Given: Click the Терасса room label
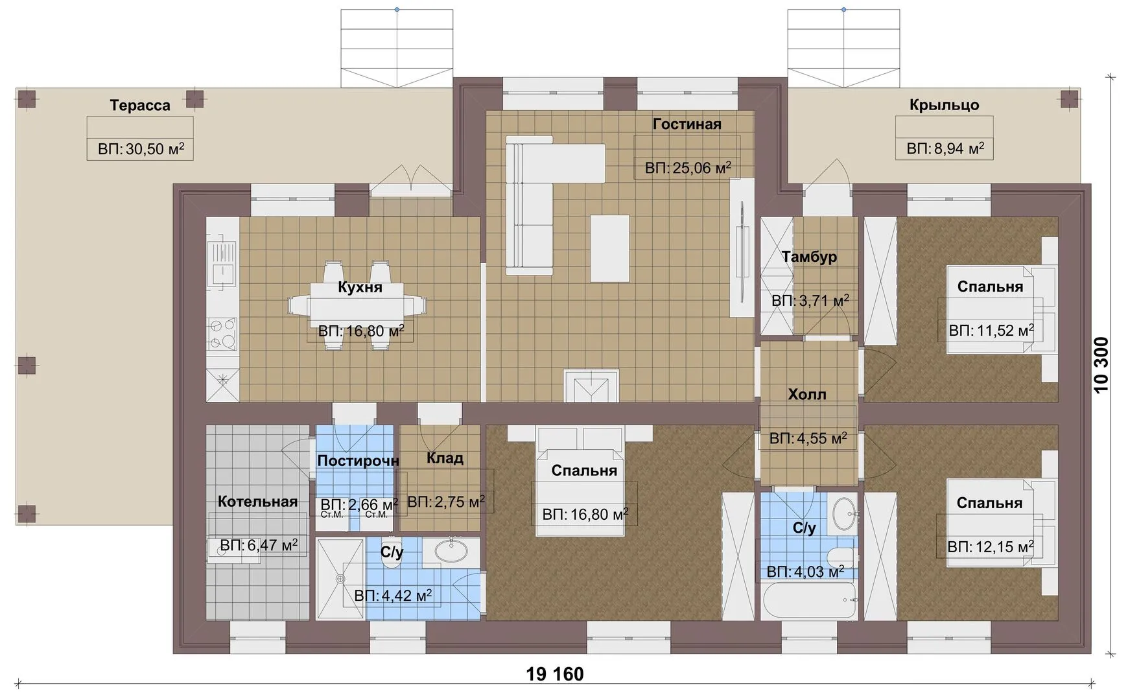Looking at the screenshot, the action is pyautogui.click(x=140, y=105).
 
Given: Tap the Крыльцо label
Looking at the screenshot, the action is pyautogui.click(x=944, y=104).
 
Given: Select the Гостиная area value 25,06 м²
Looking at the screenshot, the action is pyautogui.click(x=688, y=168).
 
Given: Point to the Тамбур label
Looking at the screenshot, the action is pyautogui.click(x=809, y=257).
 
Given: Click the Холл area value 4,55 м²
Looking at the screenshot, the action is pyautogui.click(x=808, y=438).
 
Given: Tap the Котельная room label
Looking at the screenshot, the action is pyautogui.click(x=257, y=501).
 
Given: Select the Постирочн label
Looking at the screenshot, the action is pyautogui.click(x=358, y=461).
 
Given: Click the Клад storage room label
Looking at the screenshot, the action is pyautogui.click(x=445, y=458).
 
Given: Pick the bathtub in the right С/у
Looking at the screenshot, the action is pyautogui.click(x=810, y=601).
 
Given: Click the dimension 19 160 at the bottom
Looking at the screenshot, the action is pyautogui.click(x=555, y=674).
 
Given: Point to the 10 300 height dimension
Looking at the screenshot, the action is pyautogui.click(x=1101, y=365).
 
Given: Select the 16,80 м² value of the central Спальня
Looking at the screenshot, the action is pyautogui.click(x=585, y=515).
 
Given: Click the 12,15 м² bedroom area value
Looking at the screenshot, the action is pyautogui.click(x=991, y=546).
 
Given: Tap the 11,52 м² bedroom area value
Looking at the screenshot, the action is pyautogui.click(x=991, y=331).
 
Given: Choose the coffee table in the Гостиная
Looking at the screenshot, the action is pyautogui.click(x=610, y=248).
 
